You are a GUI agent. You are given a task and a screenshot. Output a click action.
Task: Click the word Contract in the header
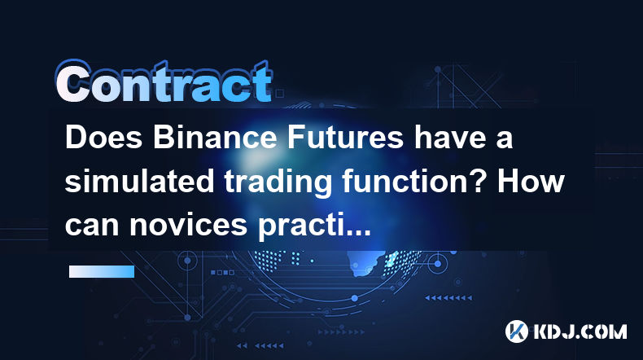[x=164, y=81]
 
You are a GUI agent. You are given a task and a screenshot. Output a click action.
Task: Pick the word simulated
[x=139, y=181]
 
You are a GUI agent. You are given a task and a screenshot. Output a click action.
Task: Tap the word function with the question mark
[x=414, y=181]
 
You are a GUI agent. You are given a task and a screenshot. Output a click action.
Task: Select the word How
[x=531, y=181]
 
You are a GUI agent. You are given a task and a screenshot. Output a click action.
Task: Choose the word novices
[x=188, y=225]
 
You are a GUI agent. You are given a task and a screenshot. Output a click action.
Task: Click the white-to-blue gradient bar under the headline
[x=102, y=271]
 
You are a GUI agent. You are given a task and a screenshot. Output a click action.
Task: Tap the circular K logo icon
[x=517, y=331]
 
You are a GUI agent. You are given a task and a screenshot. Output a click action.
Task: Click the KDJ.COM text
[x=580, y=331]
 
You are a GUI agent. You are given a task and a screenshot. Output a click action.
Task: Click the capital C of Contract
[x=74, y=81]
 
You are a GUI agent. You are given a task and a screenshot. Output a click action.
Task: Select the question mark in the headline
[x=479, y=181]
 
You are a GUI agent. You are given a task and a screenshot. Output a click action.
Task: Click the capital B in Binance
[x=164, y=138]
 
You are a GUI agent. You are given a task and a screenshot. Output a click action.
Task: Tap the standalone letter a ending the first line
[x=505, y=140]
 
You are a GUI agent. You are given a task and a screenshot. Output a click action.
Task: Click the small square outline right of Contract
[x=279, y=94]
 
